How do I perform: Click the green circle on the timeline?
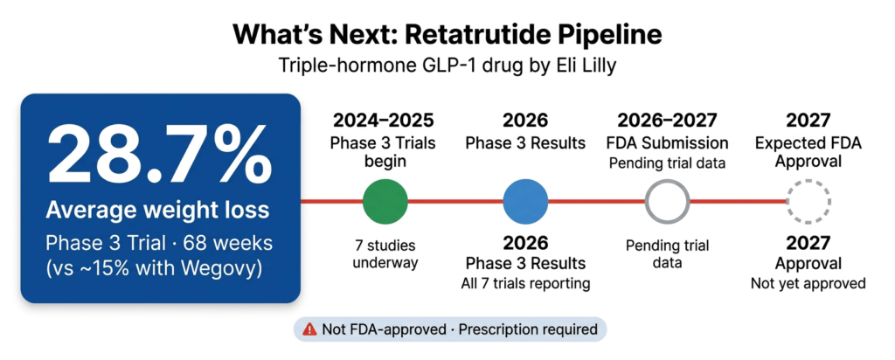coord(385,201)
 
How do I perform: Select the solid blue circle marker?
coord(525,201)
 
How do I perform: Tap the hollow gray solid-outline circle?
coord(666,201)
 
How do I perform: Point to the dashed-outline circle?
coord(808,201)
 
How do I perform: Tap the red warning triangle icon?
coord(309,329)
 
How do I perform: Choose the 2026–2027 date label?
coord(666,121)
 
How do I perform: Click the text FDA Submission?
coord(666,142)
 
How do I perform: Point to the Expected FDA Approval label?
coord(808,151)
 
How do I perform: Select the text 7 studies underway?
coord(385,253)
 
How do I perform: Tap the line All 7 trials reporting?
coord(525,282)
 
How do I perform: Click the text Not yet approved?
coord(808,282)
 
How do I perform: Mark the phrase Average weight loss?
coord(161,211)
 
